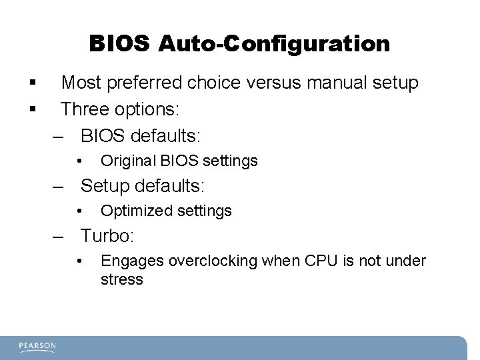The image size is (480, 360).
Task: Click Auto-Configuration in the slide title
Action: (x=274, y=44)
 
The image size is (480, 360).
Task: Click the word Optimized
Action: (x=134, y=211)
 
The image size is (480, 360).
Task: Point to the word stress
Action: (x=121, y=279)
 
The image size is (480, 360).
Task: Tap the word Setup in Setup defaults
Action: (x=104, y=185)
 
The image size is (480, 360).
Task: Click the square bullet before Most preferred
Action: (x=31, y=84)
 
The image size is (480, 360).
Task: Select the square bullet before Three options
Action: (x=31, y=109)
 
